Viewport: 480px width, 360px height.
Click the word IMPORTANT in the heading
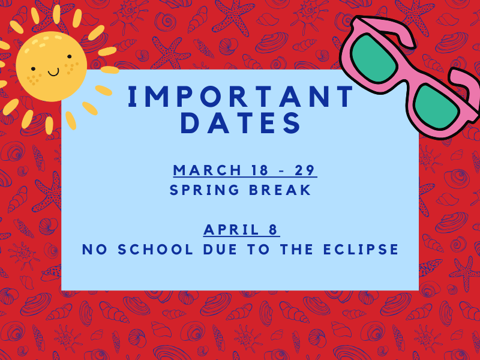[241, 97]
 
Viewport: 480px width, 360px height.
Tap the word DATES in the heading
[241, 123]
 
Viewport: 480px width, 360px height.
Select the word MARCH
[207, 170]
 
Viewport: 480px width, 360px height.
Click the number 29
[305, 170]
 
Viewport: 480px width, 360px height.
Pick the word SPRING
[205, 190]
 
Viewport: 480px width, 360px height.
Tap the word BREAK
[280, 190]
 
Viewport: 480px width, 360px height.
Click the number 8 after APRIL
[273, 230]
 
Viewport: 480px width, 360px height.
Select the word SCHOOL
[155, 249]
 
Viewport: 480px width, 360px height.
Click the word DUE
[220, 249]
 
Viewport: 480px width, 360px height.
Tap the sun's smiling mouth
[53, 73]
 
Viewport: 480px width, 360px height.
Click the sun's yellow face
[52, 66]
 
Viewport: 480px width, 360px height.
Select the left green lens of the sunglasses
[374, 58]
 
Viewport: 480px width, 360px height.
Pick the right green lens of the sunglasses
[436, 107]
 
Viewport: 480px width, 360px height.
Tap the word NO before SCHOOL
[95, 249]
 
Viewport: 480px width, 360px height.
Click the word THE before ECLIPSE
[297, 249]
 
